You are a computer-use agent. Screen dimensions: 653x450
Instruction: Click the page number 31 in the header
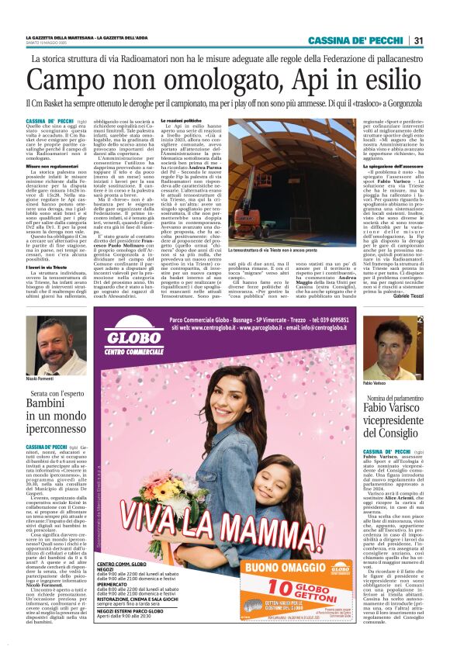tap(419, 40)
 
